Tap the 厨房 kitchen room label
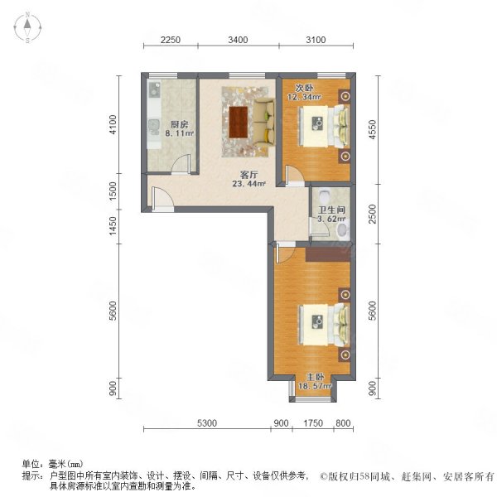[180, 122]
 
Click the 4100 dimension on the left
[123, 124]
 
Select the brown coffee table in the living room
[239, 122]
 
